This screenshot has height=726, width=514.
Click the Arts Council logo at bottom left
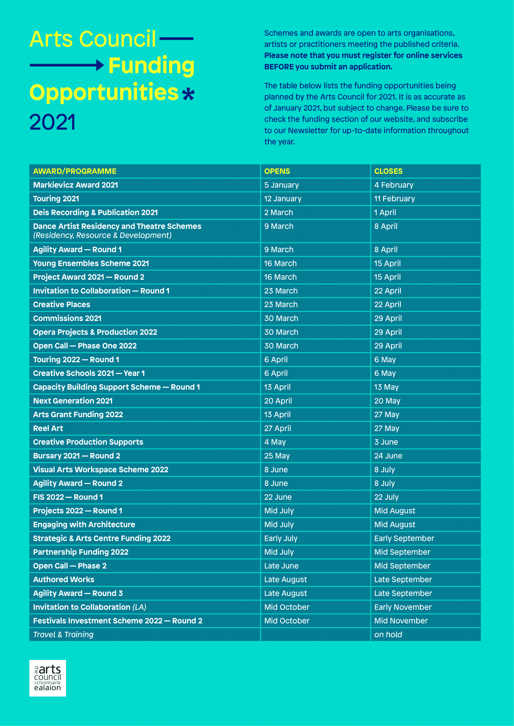click(x=48, y=678)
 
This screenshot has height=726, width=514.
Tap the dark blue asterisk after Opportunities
click(x=189, y=94)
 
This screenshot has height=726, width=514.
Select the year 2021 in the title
click(x=53, y=122)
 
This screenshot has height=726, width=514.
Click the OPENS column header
click(x=277, y=171)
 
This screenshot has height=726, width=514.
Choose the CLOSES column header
click(x=388, y=171)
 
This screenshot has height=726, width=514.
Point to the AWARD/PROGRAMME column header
click(x=75, y=171)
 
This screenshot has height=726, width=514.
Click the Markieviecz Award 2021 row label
click(x=76, y=185)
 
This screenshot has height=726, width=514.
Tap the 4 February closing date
click(x=394, y=185)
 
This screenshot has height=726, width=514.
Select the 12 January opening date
click(x=282, y=199)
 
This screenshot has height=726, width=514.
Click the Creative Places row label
click(x=62, y=304)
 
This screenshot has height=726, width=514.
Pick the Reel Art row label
click(x=48, y=428)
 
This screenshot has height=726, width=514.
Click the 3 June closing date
click(x=386, y=442)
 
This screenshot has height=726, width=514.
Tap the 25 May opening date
click(x=277, y=456)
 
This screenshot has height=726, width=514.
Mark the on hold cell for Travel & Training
click(x=388, y=634)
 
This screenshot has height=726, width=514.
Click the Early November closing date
click(x=403, y=607)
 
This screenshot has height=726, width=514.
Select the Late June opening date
click(x=281, y=566)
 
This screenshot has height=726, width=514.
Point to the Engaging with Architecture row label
click(x=84, y=525)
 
